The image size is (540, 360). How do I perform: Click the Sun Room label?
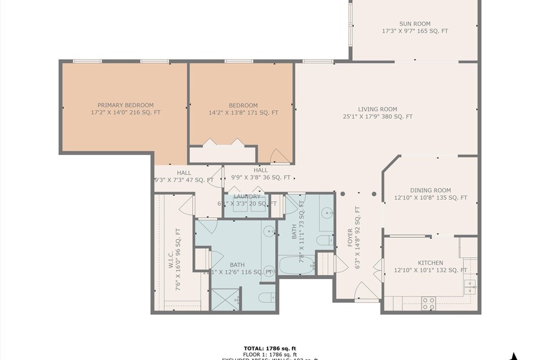click(x=415, y=22)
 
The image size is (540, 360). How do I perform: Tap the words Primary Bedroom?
click(x=125, y=105)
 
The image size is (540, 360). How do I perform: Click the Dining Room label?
click(x=430, y=190)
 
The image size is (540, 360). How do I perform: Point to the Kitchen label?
click(x=430, y=263)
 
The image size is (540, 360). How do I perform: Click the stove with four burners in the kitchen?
click(x=428, y=300)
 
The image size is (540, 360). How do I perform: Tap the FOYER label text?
click(x=350, y=236)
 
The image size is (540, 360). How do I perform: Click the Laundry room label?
click(x=247, y=197)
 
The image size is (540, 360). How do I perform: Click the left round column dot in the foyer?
click(x=343, y=193)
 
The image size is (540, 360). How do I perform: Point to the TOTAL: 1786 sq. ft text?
click(x=270, y=348)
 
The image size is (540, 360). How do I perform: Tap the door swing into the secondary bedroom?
click(x=280, y=156)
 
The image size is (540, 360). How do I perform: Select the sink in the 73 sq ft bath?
click(x=326, y=213)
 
